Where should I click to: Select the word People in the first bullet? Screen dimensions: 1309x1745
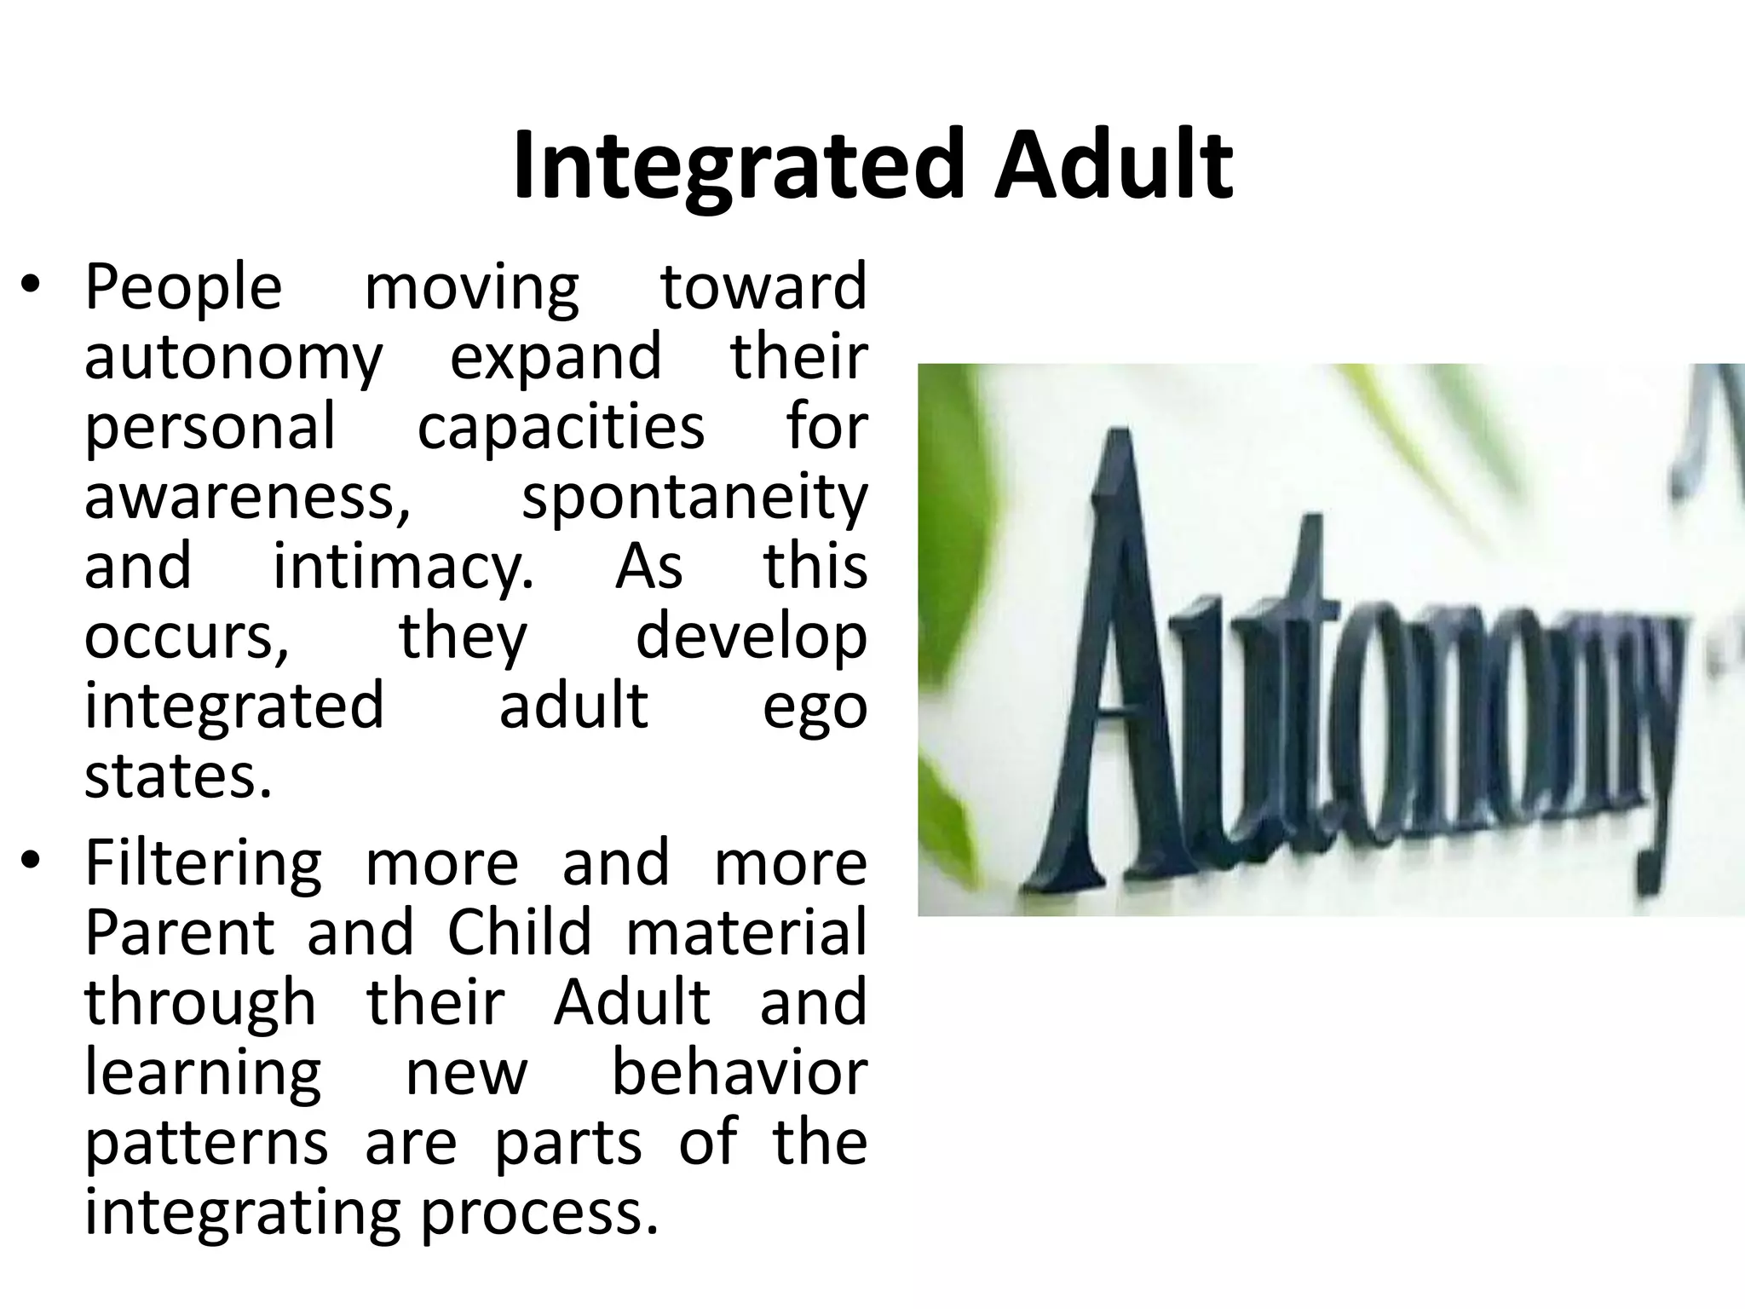pyautogui.click(x=183, y=287)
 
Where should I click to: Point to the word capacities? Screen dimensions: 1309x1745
pyautogui.click(x=561, y=427)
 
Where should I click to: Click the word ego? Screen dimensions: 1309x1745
pyautogui.click(x=815, y=707)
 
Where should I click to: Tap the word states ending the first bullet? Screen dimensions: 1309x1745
pyautogui.click(x=178, y=777)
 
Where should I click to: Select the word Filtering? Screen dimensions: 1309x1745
pyautogui.click(x=204, y=862)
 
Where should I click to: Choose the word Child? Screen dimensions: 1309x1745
pyautogui.click(x=519, y=932)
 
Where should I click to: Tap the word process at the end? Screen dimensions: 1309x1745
pyautogui.click(x=540, y=1214)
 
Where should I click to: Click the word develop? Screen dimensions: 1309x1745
pyautogui.click(x=752, y=637)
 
